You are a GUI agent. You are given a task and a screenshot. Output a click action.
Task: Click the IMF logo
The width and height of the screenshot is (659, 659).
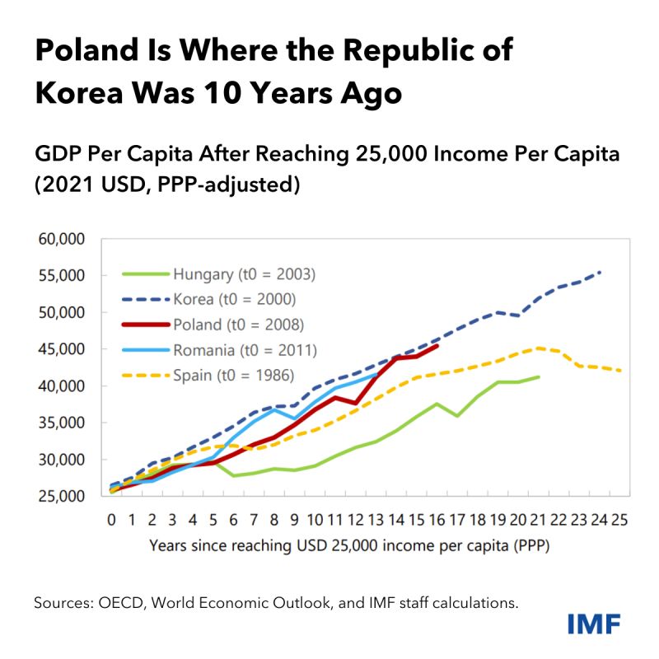(x=594, y=624)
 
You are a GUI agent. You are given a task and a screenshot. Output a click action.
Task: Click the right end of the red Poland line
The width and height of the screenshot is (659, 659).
(x=437, y=346)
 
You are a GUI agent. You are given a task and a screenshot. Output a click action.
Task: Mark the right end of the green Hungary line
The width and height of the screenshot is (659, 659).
(x=539, y=377)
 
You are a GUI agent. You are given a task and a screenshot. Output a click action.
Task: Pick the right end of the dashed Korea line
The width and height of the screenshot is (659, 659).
(x=600, y=272)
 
